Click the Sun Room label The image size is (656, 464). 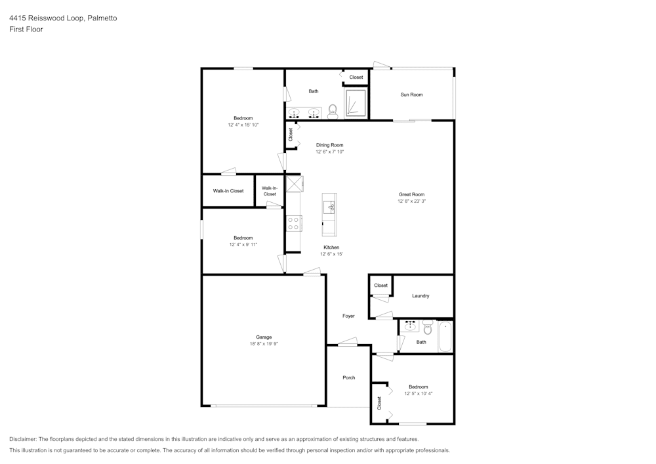pyautogui.click(x=411, y=95)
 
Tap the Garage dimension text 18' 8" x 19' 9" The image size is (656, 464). pyautogui.click(x=264, y=343)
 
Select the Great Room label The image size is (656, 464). pyautogui.click(x=411, y=194)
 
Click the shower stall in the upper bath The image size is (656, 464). pyautogui.click(x=356, y=102)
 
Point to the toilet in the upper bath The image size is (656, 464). pyautogui.click(x=333, y=110)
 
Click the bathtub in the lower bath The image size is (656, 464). pyautogui.click(x=445, y=337)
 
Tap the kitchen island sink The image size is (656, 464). pyautogui.click(x=329, y=207)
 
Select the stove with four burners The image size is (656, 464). pyautogui.click(x=293, y=223)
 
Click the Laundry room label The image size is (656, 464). pyautogui.click(x=420, y=296)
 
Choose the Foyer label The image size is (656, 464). pyautogui.click(x=348, y=316)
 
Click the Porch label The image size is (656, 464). pyautogui.click(x=348, y=377)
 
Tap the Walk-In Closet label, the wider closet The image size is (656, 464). pyautogui.click(x=228, y=191)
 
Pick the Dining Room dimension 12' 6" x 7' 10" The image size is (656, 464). pyautogui.click(x=330, y=152)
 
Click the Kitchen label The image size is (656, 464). pyautogui.click(x=331, y=247)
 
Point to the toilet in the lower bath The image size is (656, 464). pyautogui.click(x=427, y=327)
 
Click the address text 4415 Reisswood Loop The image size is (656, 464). pyautogui.click(x=47, y=18)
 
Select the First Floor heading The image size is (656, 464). pyautogui.click(x=26, y=30)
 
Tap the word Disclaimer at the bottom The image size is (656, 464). pyautogui.click(x=22, y=439)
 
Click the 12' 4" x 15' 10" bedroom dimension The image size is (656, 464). pyautogui.click(x=243, y=125)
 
